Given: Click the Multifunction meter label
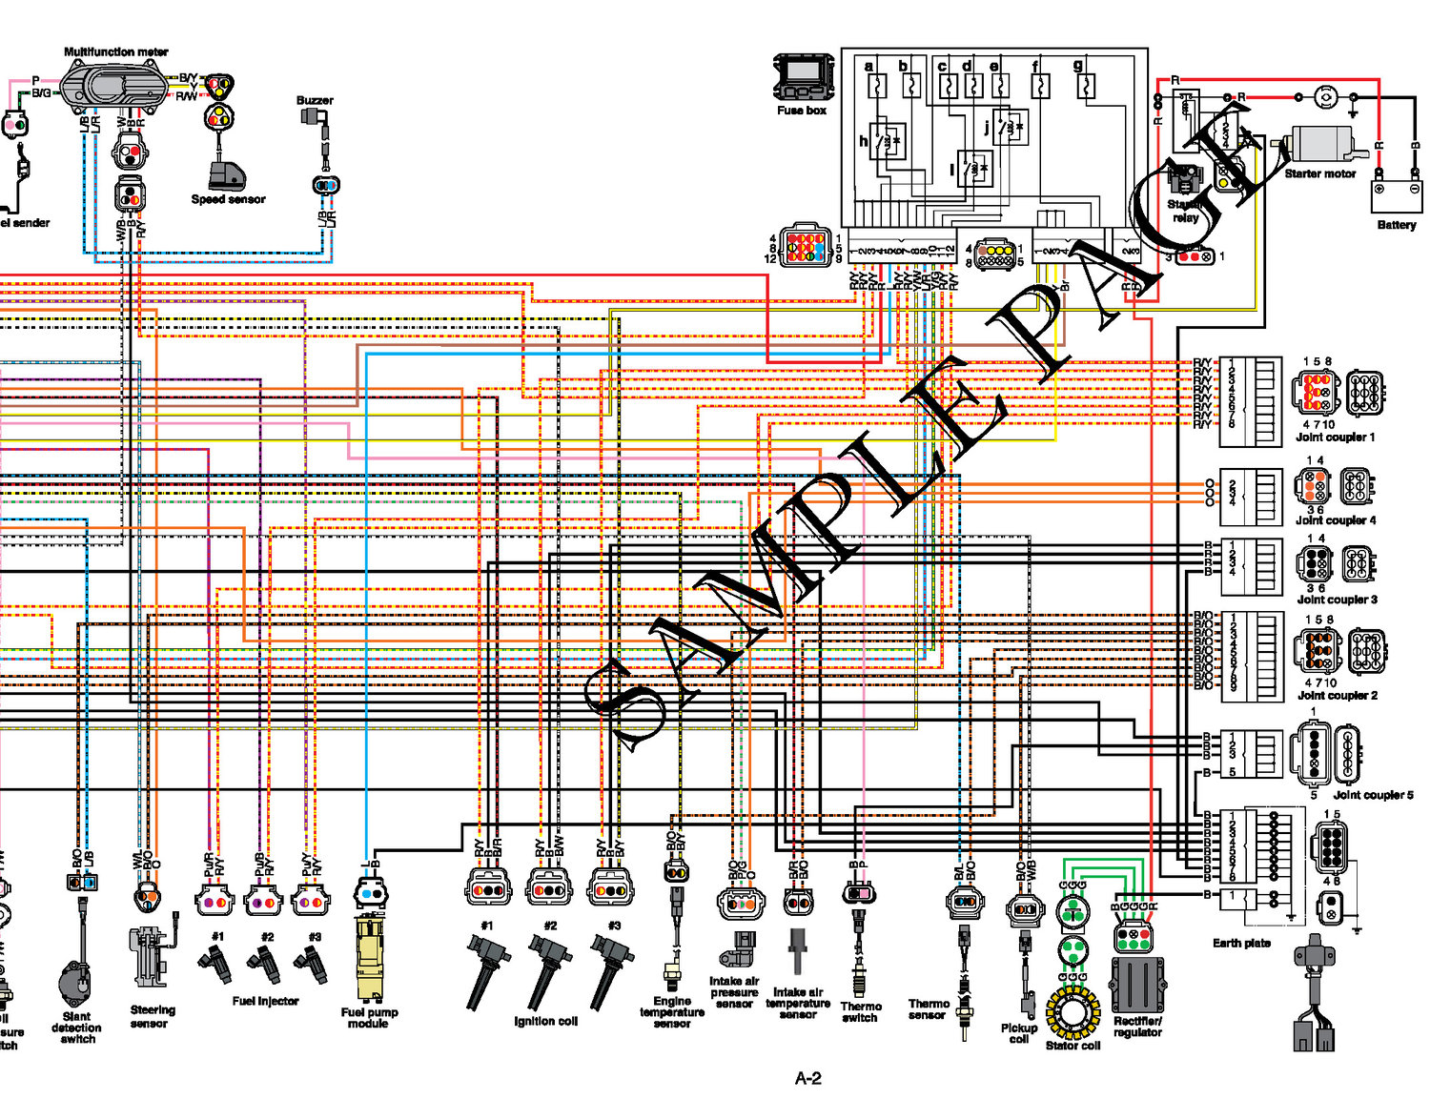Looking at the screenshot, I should click(115, 52).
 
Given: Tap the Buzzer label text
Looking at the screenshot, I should click(315, 100).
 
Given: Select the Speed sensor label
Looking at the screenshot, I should click(228, 199).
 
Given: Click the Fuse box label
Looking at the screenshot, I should click(801, 111).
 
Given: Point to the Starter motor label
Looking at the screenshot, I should click(1319, 173).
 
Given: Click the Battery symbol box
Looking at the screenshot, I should click(1395, 195).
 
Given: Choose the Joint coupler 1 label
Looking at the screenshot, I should click(1335, 438).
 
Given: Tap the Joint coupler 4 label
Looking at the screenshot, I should click(1335, 520).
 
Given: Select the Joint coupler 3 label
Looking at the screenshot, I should click(1337, 600).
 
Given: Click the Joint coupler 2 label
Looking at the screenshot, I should click(1337, 696).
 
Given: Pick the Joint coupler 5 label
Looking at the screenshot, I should click(1373, 795).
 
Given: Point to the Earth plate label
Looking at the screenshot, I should click(1241, 943).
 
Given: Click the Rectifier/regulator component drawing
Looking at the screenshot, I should click(1135, 985).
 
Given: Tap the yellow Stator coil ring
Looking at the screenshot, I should click(1072, 1013).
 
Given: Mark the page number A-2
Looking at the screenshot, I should click(807, 1078).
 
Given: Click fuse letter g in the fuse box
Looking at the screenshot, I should click(1078, 66).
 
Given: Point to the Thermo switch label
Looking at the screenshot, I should click(860, 1012).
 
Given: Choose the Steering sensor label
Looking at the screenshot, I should click(153, 1016).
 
